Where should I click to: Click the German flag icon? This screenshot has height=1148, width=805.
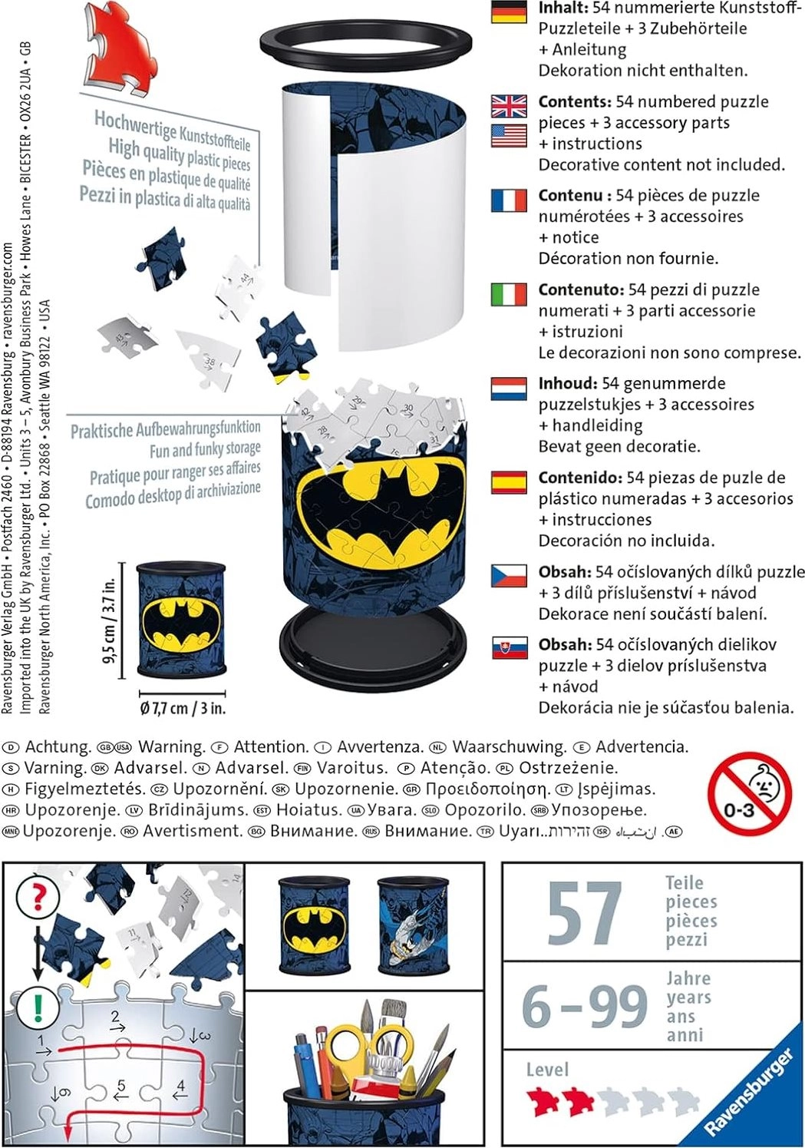point(509,12)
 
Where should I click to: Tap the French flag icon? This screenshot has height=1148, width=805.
point(509,200)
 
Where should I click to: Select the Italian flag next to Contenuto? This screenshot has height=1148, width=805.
point(509,295)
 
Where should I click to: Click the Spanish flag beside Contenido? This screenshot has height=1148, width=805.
point(509,482)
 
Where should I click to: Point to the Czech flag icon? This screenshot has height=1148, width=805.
point(509,576)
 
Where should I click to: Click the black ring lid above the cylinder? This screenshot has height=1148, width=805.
point(365,44)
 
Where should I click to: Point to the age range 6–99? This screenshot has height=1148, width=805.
point(585,1007)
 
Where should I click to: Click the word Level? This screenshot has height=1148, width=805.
point(547,1070)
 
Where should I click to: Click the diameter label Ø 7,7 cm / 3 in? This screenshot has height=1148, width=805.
point(183,708)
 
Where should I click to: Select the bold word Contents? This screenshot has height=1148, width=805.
point(574,102)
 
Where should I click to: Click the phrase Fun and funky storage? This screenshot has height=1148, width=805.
point(205,448)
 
